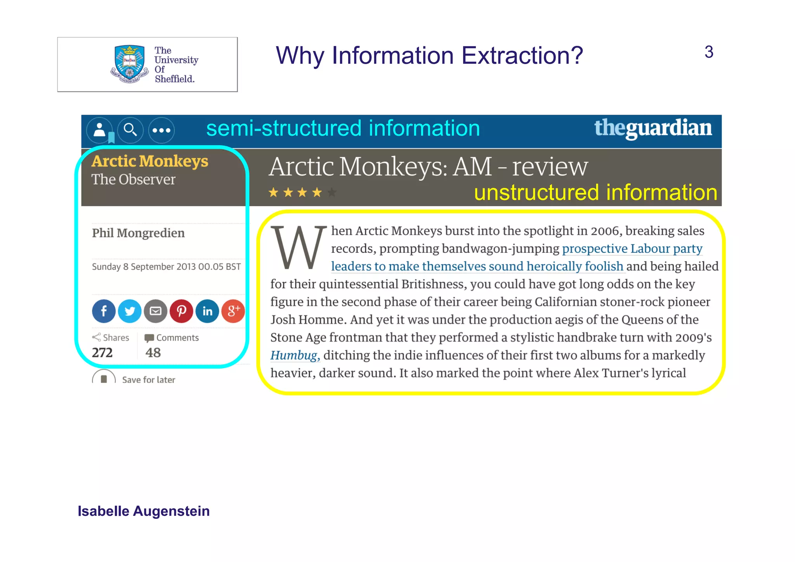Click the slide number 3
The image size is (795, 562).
coord(708,52)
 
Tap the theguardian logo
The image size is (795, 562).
coord(653,128)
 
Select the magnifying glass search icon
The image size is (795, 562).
coord(130,130)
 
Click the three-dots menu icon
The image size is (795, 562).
coord(161,130)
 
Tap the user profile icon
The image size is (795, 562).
coord(100,130)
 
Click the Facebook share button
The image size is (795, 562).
coord(104,311)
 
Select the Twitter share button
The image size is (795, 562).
coord(130,311)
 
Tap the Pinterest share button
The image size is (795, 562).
coord(181,311)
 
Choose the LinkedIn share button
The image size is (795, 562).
coord(207,311)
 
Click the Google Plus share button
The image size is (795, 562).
coord(233,311)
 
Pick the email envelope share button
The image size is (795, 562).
coord(156,311)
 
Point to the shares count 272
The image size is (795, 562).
coord(102,352)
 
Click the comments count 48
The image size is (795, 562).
coord(153,352)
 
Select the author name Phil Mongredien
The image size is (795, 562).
coord(138,233)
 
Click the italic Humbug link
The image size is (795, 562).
coord(294,355)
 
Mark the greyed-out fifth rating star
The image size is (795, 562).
coord(332,192)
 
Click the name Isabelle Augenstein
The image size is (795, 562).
coord(144,511)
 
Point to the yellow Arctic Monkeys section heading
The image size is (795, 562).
coord(150,161)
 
